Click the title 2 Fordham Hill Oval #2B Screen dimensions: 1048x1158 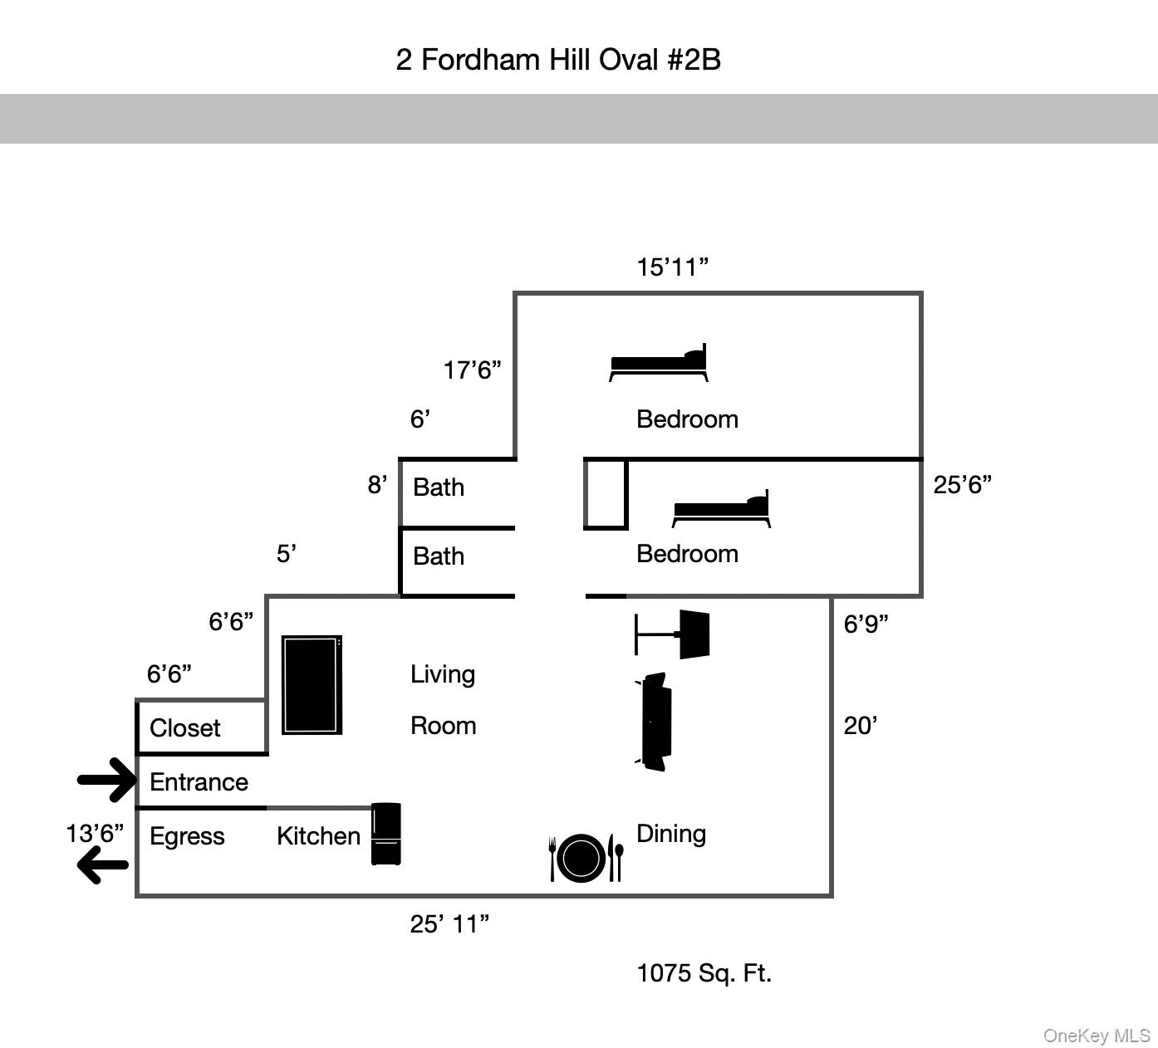pos(558,60)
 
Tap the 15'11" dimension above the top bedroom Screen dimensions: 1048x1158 pos(672,267)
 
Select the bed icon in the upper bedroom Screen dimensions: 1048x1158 pos(659,364)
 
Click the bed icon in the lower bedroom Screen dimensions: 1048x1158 pos(721,509)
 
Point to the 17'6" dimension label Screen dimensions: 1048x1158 pos(472,370)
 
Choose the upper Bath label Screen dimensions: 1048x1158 pos(439,487)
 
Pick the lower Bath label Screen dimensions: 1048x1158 pos(439,556)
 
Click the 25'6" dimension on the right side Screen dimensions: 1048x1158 pos(962,485)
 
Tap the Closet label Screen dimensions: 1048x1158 pos(185,728)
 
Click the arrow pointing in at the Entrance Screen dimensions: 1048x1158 pos(107,780)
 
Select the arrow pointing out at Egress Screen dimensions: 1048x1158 pos(103,864)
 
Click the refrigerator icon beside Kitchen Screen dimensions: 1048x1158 pos(385,834)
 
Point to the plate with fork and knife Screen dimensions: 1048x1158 pos(585,858)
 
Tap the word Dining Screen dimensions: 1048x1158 pos(671,834)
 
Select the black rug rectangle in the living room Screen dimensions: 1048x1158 pos(312,685)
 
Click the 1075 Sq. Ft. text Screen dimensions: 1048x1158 pos(704,973)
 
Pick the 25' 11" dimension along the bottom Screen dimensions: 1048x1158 pos(449,924)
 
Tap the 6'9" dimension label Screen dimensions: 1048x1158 pos(866,624)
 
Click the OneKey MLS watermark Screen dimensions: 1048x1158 pos(1097,1036)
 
